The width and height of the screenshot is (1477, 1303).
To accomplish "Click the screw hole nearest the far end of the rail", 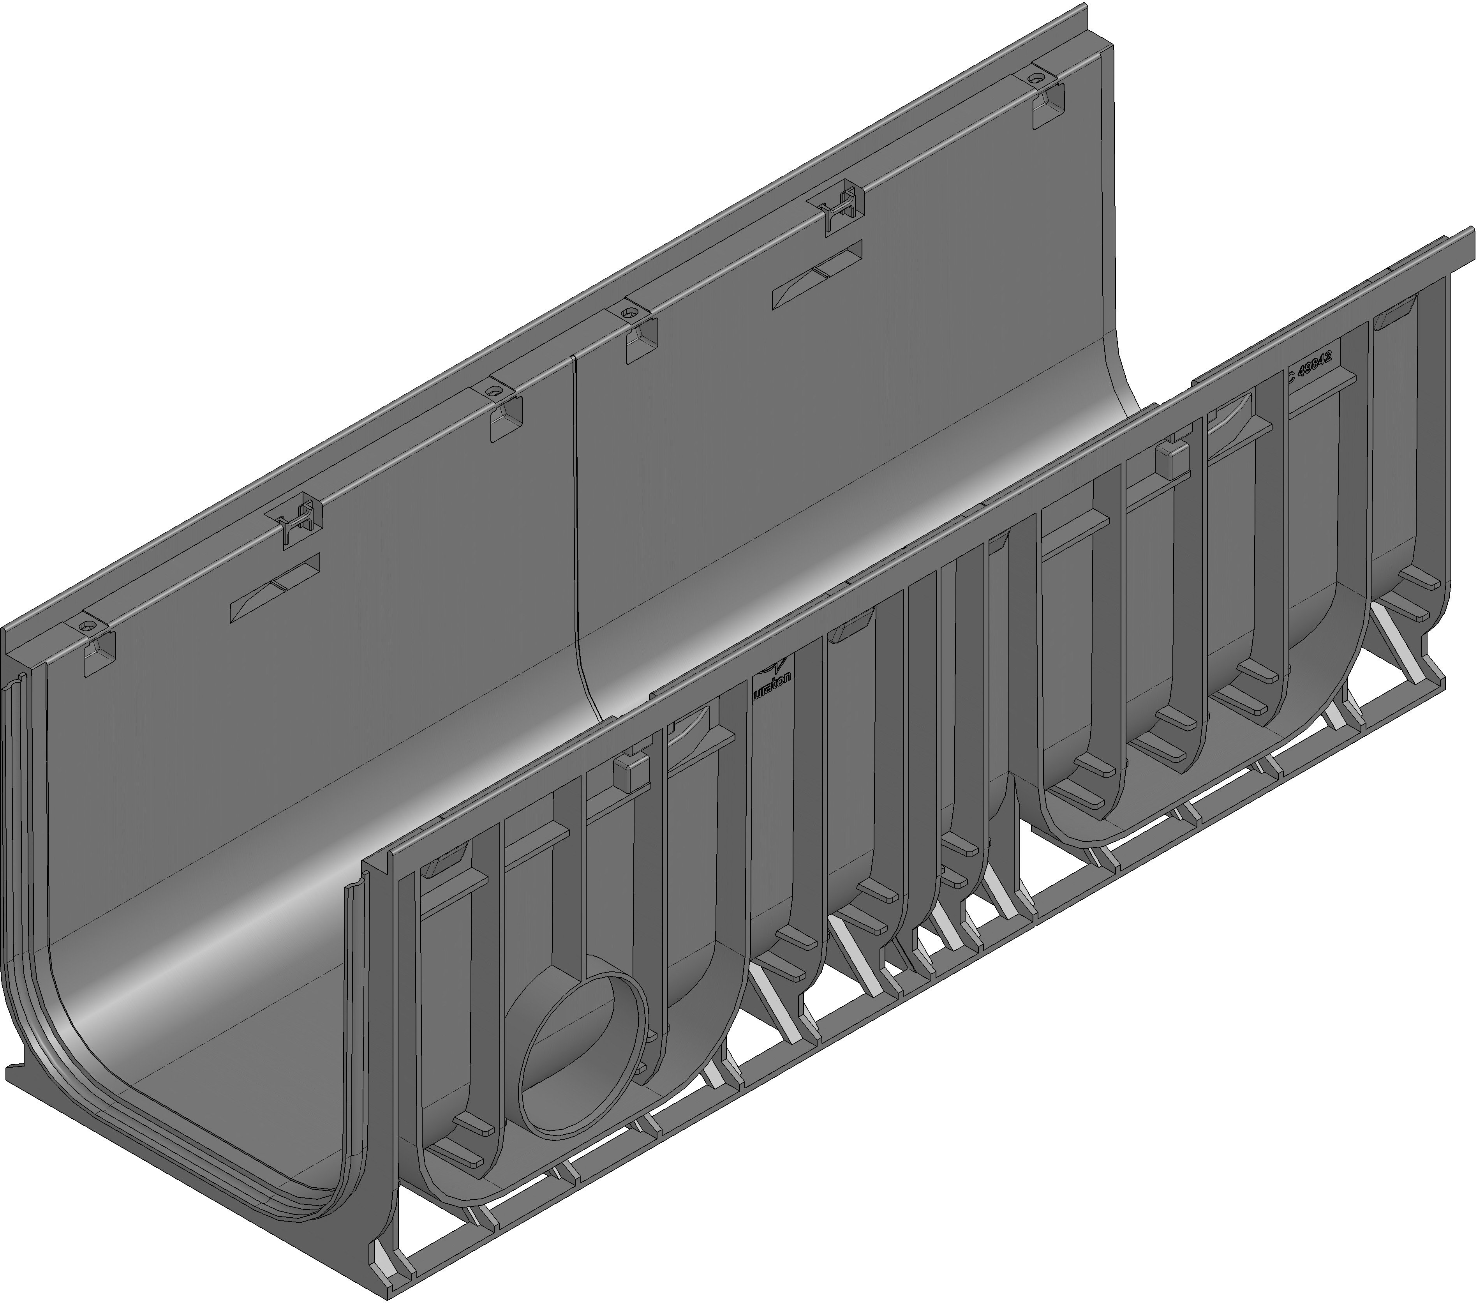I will coord(1038,77).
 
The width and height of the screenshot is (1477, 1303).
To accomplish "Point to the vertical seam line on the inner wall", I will coord(576,520).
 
